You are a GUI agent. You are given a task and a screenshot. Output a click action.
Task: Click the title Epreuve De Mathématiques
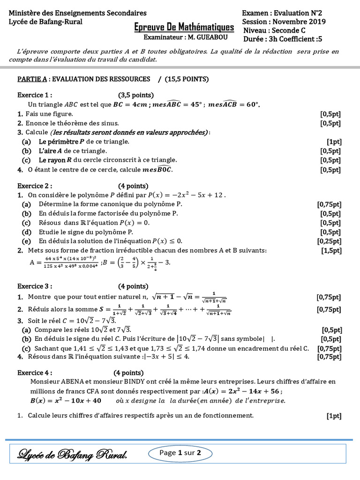coord(184,28)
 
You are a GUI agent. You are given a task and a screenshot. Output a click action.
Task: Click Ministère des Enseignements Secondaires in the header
coord(77,13)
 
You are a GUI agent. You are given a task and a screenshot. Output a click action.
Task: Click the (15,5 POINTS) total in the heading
coord(187,79)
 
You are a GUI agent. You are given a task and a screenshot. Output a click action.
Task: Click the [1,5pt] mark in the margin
coord(331,251)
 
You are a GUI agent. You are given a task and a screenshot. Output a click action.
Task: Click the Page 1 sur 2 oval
coord(180,453)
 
